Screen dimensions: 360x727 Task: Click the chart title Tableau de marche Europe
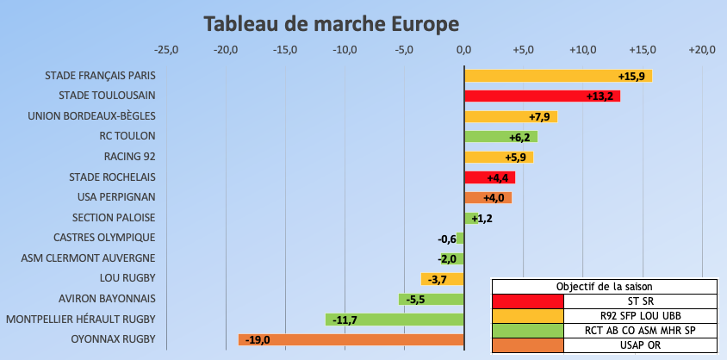pos(332,23)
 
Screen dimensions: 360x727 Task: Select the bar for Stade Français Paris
pos(557,76)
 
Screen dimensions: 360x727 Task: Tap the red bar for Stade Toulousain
pos(542,96)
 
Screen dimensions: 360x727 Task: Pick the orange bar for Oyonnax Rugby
pos(351,340)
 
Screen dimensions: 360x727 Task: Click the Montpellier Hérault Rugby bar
pos(395,320)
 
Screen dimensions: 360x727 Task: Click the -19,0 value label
pos(258,340)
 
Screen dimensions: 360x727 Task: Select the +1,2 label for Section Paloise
pos(482,219)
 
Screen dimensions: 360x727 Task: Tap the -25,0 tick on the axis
pos(166,50)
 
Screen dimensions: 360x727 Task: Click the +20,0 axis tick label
pos(701,50)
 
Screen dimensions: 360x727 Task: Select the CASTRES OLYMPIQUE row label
pos(104,238)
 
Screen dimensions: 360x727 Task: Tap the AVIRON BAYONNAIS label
pos(107,299)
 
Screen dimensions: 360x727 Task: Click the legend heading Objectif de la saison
pos(604,286)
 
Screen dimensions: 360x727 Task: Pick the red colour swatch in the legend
pos(527,301)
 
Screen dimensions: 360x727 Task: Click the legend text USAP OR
pos(640,344)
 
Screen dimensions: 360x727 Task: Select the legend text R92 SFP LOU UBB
pos(640,315)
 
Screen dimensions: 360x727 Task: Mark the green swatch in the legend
pos(527,330)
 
